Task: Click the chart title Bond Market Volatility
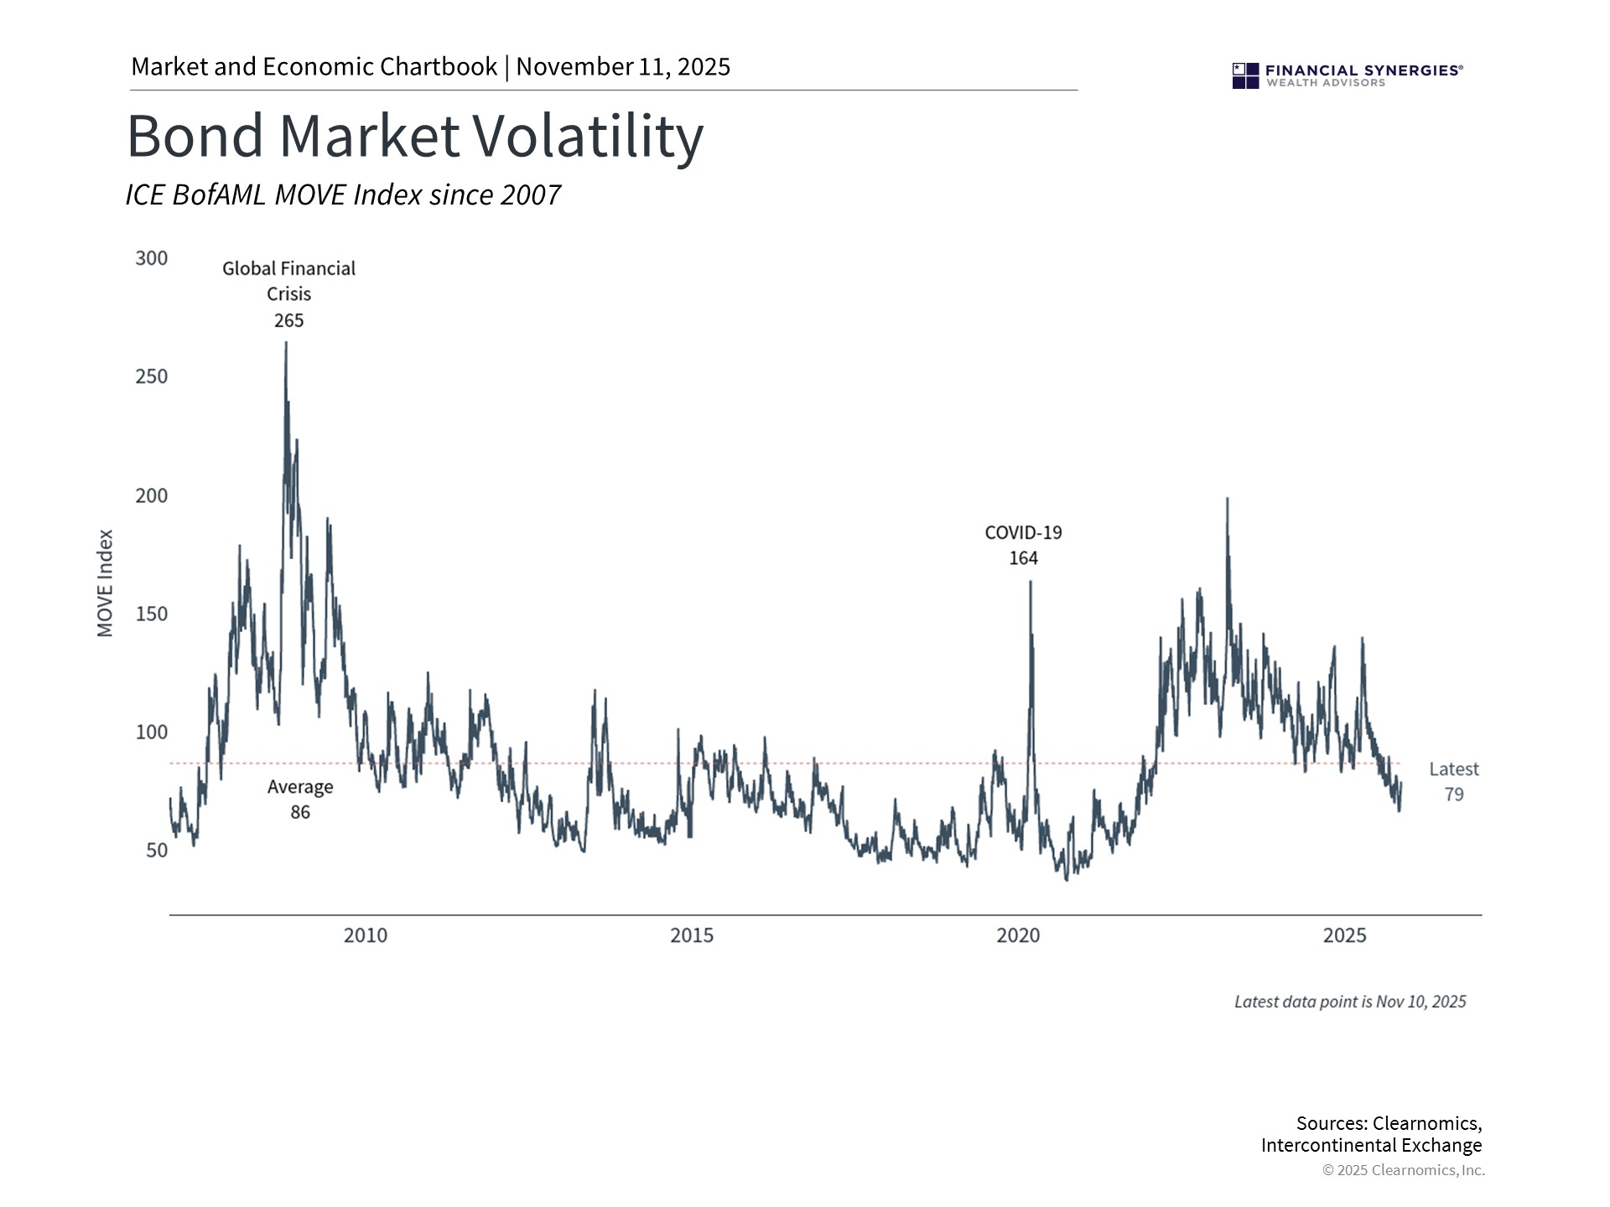point(415,137)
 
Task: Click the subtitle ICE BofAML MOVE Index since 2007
point(343,195)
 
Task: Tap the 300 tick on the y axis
point(152,258)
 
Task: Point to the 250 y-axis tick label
point(152,376)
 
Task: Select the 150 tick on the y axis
point(152,614)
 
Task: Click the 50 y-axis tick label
point(157,850)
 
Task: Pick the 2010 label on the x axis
point(366,935)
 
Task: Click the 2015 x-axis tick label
point(692,935)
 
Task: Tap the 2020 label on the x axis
point(1018,935)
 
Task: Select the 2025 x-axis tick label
point(1344,935)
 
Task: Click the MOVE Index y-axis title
point(106,583)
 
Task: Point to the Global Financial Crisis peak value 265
point(288,320)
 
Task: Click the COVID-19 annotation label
point(1023,533)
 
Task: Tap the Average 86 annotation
point(300,800)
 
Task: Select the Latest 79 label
point(1453,781)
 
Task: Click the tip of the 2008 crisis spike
point(286,343)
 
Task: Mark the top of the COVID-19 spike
point(1030,582)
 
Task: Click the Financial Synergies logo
point(1347,75)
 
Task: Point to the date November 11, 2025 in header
point(623,67)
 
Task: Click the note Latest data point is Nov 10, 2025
point(1349,1002)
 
